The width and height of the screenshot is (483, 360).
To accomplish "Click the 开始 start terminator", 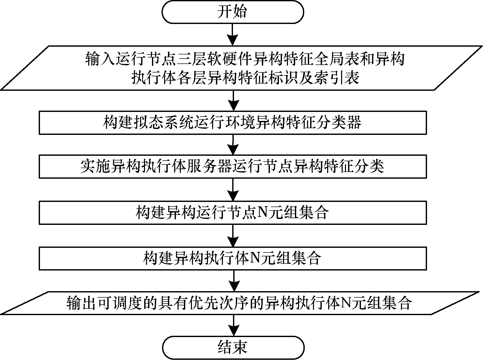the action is tap(233, 12).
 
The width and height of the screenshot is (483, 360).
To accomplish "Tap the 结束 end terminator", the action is tap(233, 347).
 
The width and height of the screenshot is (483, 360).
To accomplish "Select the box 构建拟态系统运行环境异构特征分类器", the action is tap(233, 122).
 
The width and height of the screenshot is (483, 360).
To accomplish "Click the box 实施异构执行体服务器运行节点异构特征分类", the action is tap(233, 167).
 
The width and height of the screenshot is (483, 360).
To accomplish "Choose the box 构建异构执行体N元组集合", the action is tap(233, 258).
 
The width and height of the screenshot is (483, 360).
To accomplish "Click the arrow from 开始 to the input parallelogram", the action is tap(233, 35).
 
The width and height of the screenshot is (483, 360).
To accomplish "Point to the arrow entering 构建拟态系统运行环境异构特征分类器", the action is tap(233, 101).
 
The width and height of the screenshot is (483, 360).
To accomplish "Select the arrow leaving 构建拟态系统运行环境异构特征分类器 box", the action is tap(233, 144).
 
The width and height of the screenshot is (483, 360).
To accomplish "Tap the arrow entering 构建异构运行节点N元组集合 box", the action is tap(233, 190).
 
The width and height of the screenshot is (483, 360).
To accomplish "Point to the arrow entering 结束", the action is tap(233, 325).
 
